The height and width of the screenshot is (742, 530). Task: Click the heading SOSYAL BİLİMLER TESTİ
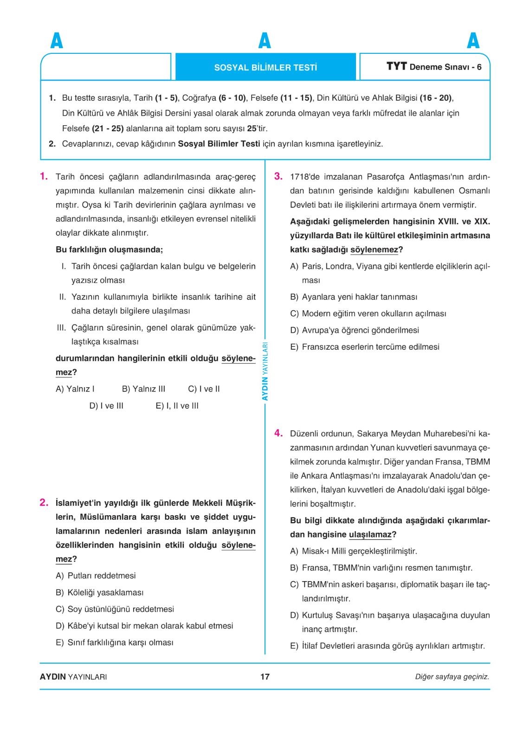[x=265, y=67]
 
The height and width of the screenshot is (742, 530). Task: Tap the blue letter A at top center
[x=265, y=41]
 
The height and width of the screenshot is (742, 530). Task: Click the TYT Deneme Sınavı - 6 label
[x=433, y=67]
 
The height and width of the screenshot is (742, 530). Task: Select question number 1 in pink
[x=44, y=176]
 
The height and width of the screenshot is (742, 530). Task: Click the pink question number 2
[x=44, y=502]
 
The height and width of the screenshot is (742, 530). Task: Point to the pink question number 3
[x=278, y=176]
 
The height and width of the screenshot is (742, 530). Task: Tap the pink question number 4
[x=278, y=433]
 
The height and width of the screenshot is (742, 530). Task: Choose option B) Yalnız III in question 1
[x=143, y=389]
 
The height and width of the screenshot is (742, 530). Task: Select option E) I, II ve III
[x=177, y=406]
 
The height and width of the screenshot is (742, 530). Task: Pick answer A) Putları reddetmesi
[x=96, y=576]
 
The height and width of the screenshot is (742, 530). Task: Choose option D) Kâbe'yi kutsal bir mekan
[x=144, y=626]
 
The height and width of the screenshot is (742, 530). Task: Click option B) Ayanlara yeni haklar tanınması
[x=354, y=297]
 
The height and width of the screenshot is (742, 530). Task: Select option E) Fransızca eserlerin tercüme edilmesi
[x=365, y=347]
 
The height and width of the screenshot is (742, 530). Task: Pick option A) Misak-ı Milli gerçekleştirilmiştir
[x=354, y=551]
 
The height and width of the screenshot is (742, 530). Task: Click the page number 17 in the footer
[x=265, y=677]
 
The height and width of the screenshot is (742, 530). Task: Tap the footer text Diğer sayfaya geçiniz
[x=452, y=677]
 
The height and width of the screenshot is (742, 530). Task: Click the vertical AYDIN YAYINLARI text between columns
[x=265, y=371]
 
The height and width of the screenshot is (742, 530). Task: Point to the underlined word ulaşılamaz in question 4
[x=370, y=535]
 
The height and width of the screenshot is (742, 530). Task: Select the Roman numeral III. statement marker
[x=61, y=328]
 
